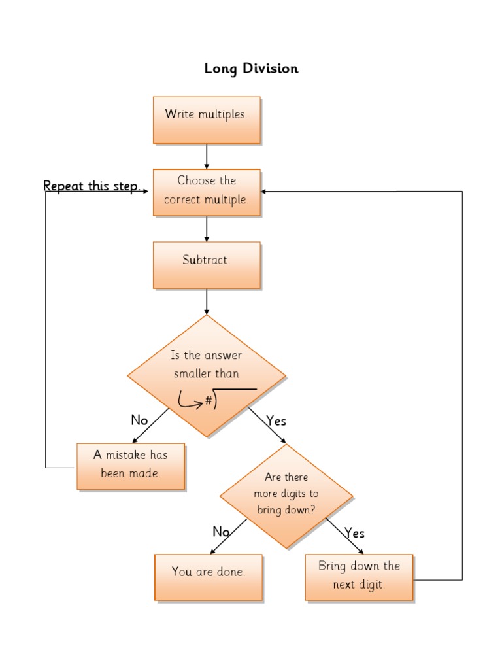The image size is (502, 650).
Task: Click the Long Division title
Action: (x=251, y=68)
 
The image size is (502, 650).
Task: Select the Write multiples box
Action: (x=207, y=120)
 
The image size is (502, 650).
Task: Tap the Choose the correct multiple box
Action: (x=207, y=192)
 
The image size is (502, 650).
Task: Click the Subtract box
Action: (x=207, y=265)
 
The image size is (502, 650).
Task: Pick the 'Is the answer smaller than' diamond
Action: (x=207, y=366)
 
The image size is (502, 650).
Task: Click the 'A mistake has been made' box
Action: (x=130, y=466)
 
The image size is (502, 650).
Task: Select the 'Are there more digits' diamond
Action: (x=286, y=495)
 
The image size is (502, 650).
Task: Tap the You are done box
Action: (x=208, y=577)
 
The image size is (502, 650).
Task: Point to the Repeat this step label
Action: (x=92, y=186)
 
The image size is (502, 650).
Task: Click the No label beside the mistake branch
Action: (x=139, y=420)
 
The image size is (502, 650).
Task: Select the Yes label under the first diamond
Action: (x=276, y=420)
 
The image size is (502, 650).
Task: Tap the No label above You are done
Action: (x=221, y=532)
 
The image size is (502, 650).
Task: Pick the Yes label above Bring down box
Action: (x=354, y=533)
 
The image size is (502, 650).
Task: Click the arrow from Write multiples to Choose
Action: (x=207, y=156)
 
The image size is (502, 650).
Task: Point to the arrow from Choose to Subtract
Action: (x=207, y=229)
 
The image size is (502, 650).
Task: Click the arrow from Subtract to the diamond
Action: (x=207, y=301)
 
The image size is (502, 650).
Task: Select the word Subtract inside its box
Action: (x=206, y=260)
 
